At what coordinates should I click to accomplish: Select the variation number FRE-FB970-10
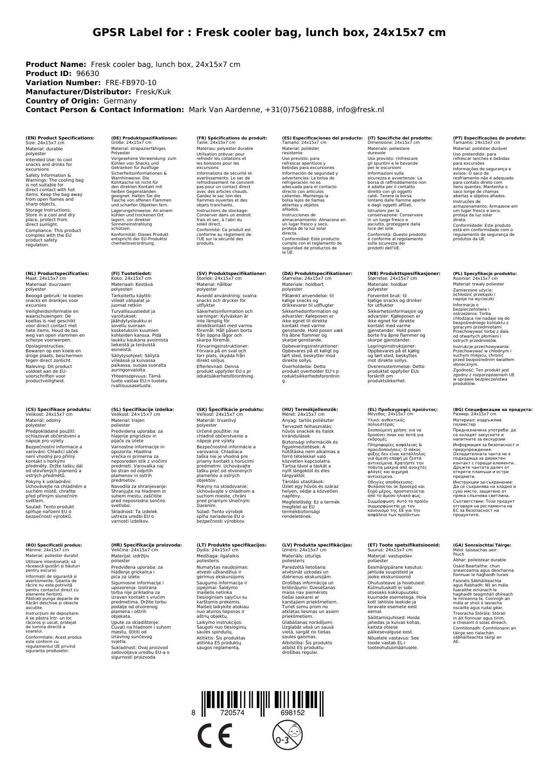tap(131, 83)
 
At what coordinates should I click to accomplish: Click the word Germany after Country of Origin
tap(120, 101)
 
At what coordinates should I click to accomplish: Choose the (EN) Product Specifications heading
tap(60, 138)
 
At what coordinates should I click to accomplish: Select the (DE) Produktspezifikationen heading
tap(144, 138)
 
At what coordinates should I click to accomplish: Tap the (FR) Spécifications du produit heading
tap(231, 138)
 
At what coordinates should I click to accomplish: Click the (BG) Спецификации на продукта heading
tap(493, 409)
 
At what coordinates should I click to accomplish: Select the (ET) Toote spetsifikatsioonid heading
tap(403, 545)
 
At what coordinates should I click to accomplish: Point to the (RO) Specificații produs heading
tap(53, 545)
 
